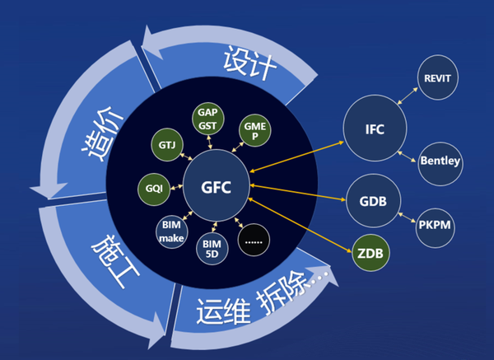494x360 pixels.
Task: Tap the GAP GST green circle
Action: pos(206,118)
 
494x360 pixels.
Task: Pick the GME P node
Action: pos(253,129)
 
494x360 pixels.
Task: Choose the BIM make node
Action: pos(170,231)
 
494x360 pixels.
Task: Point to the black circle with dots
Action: pos(254,240)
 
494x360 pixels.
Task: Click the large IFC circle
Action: pos(375,129)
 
